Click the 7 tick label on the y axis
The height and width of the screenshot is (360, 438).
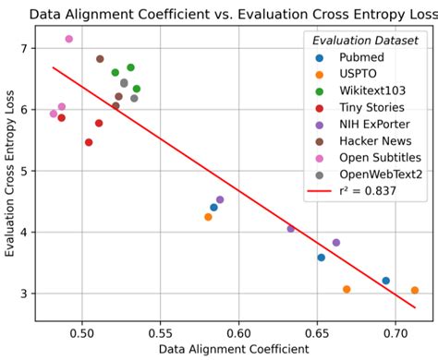click(x=27, y=48)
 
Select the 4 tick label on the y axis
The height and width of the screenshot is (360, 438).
click(x=27, y=232)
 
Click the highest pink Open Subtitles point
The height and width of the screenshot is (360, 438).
click(x=69, y=39)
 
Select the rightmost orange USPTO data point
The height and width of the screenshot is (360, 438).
click(x=415, y=290)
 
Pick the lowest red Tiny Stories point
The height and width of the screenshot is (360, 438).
click(x=89, y=142)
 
